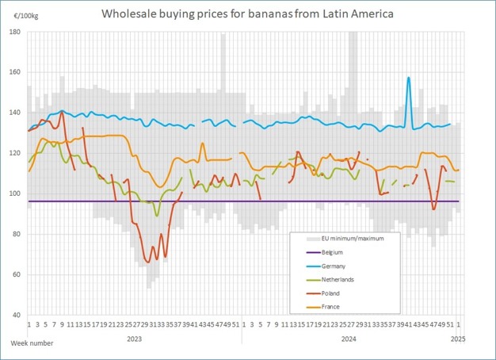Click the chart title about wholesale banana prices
pos(247,13)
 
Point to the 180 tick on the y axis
pos(17,32)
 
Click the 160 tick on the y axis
pos(17,72)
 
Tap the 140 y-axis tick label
pos(17,113)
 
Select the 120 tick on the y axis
pos(17,153)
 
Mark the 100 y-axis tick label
pos(17,193)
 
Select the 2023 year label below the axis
pos(134,339)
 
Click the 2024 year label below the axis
pos(348,339)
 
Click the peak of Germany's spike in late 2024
pos(408,78)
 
